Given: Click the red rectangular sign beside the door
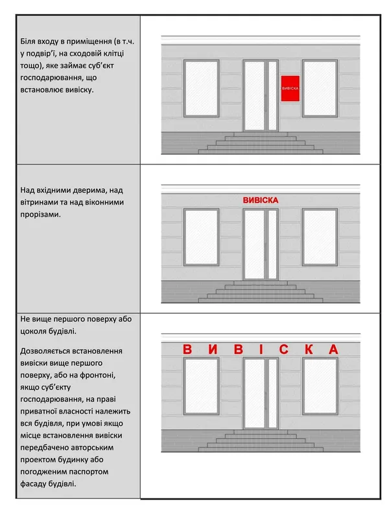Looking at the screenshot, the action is click(x=290, y=88).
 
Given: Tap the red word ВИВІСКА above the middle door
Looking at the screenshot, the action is click(x=261, y=200).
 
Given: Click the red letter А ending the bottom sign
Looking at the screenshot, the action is click(x=334, y=349).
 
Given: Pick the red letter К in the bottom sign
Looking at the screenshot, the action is click(x=309, y=349).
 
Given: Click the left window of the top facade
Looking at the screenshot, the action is click(x=202, y=88).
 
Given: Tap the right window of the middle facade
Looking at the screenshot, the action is click(x=320, y=237).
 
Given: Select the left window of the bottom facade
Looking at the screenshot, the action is click(x=202, y=386).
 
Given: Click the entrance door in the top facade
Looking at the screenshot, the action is click(x=261, y=96).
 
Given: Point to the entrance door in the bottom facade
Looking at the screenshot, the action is click(x=261, y=394).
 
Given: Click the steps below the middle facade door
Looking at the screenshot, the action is click(x=261, y=292).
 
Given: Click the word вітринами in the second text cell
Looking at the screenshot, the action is click(x=38, y=203).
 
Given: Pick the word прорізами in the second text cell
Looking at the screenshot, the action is click(x=40, y=215).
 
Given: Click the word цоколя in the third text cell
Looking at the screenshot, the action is click(x=33, y=331).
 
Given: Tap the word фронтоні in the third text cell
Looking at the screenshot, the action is click(x=98, y=375).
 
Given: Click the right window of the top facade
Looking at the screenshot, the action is click(x=320, y=88).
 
